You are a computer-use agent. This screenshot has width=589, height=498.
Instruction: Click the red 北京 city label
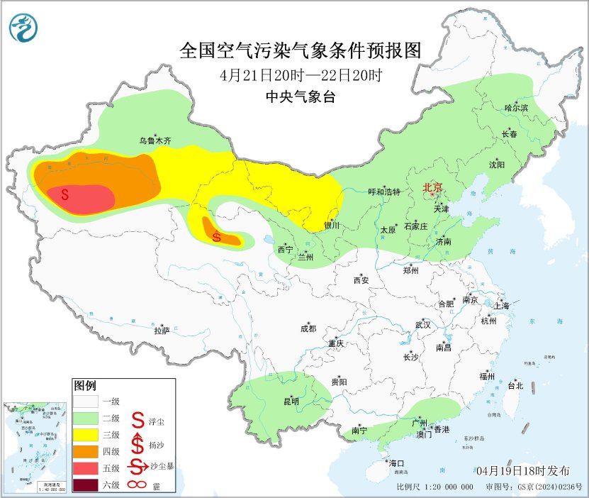point(432,187)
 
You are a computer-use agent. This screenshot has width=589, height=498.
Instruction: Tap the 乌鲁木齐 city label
point(155,141)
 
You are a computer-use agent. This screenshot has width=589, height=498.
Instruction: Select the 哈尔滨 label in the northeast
point(516,107)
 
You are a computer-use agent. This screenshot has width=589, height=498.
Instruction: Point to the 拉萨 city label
point(162,331)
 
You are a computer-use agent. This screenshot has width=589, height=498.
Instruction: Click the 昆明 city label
point(291,402)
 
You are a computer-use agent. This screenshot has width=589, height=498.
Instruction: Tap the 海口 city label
point(397,463)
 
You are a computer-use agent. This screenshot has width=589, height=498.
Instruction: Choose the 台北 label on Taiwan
point(515,386)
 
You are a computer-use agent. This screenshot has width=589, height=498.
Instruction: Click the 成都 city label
point(308,328)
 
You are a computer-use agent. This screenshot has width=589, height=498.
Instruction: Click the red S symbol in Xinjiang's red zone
point(64,193)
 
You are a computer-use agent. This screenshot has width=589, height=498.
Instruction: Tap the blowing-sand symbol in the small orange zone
point(217,238)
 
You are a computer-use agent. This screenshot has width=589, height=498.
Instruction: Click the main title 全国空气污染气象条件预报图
point(301,50)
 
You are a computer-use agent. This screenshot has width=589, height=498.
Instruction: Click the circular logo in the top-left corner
point(23,28)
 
